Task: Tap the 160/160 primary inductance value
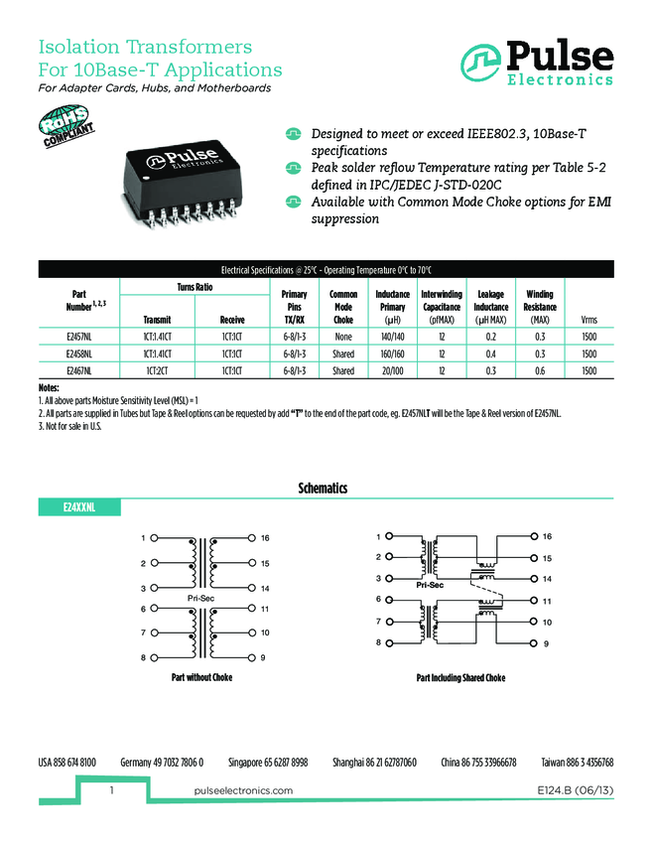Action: pos(393,352)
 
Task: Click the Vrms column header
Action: pos(589,320)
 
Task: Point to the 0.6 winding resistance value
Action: pos(540,370)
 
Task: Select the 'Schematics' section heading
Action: pos(323,489)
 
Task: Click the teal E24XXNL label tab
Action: pos(78,507)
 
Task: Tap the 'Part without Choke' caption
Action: pos(202,678)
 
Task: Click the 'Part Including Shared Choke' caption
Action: pos(460,678)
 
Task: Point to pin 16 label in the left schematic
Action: pos(265,538)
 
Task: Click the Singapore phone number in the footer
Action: pos(268,762)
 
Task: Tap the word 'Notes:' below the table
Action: pos(49,386)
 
